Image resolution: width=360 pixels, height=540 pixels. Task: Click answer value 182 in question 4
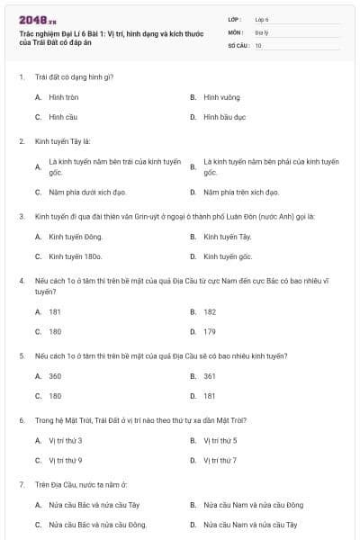click(210, 311)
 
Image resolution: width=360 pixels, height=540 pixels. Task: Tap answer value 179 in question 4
click(210, 331)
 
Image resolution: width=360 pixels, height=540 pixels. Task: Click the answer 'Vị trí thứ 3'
click(66, 440)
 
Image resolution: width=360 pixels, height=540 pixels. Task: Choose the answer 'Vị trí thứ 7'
click(220, 460)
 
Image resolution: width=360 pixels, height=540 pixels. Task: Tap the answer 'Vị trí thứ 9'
click(66, 460)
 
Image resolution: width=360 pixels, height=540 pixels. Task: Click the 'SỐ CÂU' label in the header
click(238, 44)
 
